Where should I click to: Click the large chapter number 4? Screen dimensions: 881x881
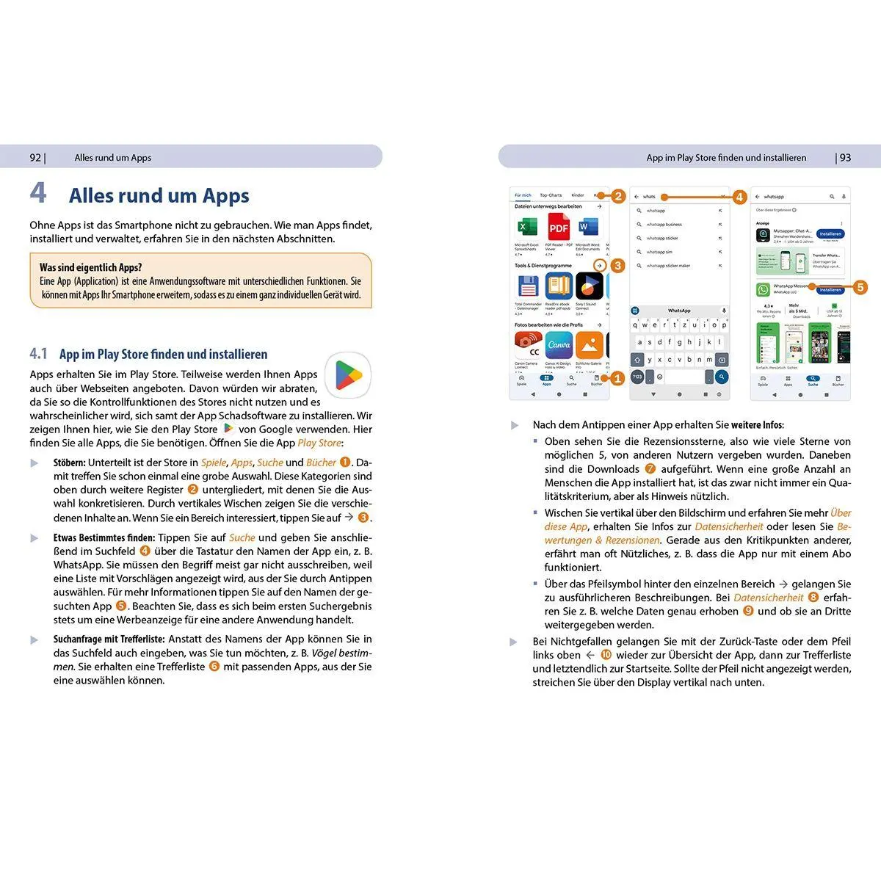[x=38, y=193]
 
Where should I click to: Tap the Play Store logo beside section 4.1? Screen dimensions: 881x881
[x=348, y=375]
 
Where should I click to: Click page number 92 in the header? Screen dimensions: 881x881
[x=35, y=158]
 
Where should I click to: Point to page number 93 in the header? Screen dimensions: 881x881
[x=845, y=158]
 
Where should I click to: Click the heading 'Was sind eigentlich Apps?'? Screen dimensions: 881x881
[x=90, y=268]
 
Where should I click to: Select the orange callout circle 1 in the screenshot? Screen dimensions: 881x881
[x=617, y=378]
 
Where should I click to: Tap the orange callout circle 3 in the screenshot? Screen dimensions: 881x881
[x=617, y=265]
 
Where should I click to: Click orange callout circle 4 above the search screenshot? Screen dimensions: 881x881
[x=739, y=197]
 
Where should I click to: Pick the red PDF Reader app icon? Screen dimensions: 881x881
[x=559, y=228]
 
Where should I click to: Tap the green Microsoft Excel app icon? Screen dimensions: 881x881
[x=526, y=228]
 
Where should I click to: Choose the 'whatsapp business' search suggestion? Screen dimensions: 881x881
[x=664, y=225]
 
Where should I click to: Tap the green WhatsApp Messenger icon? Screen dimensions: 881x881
[x=763, y=289]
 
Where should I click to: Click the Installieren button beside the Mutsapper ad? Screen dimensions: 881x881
[x=830, y=233]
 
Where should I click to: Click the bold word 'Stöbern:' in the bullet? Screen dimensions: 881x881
[x=69, y=463]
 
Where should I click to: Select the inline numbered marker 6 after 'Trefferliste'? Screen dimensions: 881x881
[x=214, y=667]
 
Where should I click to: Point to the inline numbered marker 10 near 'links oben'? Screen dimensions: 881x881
[x=606, y=655]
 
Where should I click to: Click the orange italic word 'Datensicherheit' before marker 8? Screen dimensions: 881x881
[x=768, y=598]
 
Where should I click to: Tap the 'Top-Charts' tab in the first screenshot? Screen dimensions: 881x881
[x=551, y=195]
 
